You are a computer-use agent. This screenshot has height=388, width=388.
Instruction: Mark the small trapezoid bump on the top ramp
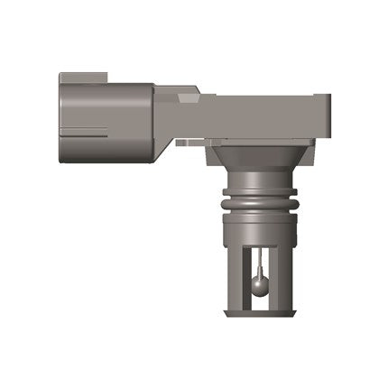(189, 90)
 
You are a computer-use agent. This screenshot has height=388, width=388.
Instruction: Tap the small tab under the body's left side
(184, 142)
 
